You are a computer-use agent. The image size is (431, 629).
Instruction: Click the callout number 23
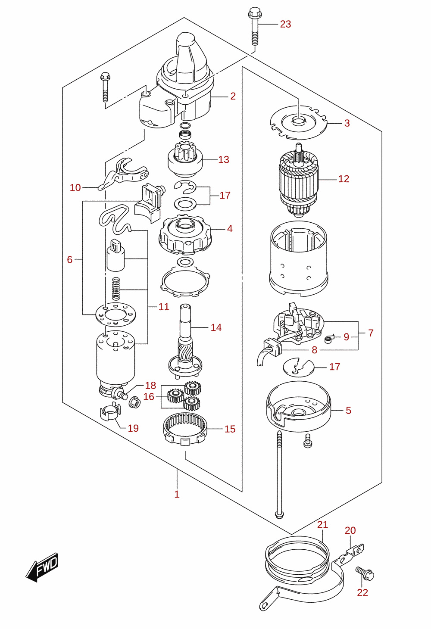coord(285,24)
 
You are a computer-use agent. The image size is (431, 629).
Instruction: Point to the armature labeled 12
coord(299,180)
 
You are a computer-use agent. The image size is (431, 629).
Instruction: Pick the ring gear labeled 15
coord(185,429)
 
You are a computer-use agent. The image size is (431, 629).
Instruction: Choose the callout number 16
coord(149,396)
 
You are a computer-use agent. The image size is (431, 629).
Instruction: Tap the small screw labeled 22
coord(365,574)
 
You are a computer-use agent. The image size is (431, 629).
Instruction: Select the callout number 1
coord(177,494)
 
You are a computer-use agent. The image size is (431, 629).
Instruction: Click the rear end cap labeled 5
coord(298,406)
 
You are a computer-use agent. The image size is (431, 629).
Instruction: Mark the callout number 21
coord(322,525)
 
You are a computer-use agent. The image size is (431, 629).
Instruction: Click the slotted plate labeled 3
coord(299,122)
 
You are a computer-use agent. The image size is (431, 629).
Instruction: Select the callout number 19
coord(133,428)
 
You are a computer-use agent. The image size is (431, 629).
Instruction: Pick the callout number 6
coord(70,259)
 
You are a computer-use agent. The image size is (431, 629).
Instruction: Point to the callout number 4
coord(230,229)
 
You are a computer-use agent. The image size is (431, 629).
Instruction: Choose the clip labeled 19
coord(110,412)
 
